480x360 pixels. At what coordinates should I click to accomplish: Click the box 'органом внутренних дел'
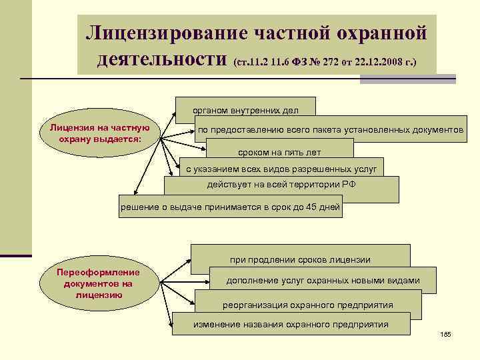coord(245,109)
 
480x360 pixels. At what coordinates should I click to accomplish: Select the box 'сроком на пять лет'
coord(279,152)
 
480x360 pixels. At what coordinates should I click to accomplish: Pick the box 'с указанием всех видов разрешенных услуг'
coord(281,169)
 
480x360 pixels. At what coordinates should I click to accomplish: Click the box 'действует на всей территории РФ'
coord(281,185)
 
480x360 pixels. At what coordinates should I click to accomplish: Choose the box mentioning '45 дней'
coord(230,207)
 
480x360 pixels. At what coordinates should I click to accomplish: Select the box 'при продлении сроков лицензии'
coord(300,259)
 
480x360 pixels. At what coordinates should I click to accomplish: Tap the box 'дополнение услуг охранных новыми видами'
coord(323,280)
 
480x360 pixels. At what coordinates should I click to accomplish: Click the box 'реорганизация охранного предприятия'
coord(307,305)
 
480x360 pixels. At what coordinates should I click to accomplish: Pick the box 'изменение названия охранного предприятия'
coord(291,324)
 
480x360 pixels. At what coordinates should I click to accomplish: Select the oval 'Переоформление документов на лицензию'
coord(98,282)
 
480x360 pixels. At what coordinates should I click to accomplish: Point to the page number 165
coord(446,333)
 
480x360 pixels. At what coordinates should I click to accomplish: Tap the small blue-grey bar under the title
coord(407,79)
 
